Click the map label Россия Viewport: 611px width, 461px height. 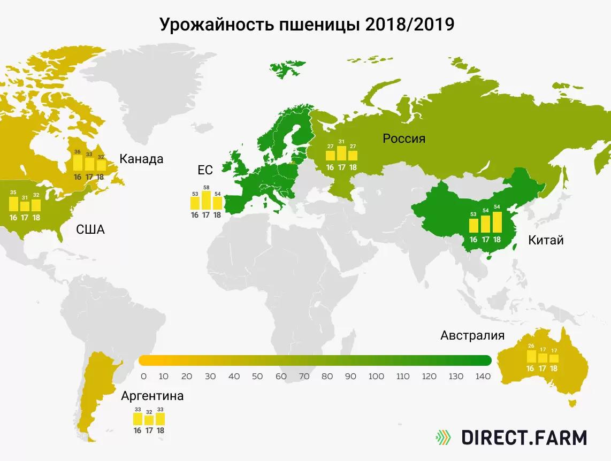[404, 139]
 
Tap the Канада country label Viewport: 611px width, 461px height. [141, 159]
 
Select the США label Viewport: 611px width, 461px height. [90, 230]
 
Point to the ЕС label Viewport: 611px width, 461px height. [205, 171]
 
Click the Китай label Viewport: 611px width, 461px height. [546, 240]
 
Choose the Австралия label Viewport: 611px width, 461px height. [472, 335]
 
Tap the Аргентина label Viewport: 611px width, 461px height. [152, 396]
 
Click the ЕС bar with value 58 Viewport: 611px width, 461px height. [206, 200]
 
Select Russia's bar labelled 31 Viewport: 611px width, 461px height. [341, 153]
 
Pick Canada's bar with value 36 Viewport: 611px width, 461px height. [78, 163]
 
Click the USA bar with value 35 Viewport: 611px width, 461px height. [13, 204]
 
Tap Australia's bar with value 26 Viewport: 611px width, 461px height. [531, 357]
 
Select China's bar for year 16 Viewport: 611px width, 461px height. [473, 225]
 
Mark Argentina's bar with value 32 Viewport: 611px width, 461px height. [149, 420]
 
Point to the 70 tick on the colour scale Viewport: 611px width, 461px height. [304, 377]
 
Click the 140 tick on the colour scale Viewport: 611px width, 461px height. [483, 377]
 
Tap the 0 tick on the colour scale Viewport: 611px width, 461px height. [143, 377]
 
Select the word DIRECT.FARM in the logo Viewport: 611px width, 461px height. [524, 437]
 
